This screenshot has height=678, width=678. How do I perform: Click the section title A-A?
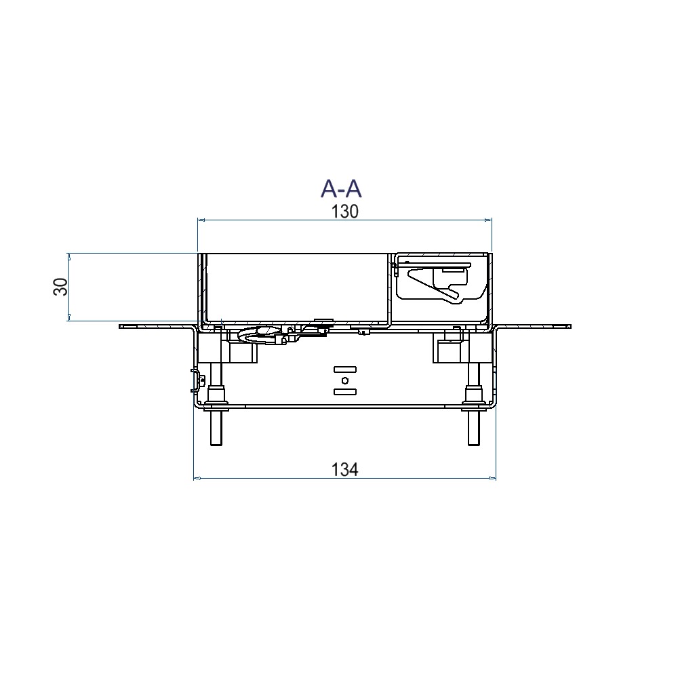pyautogui.click(x=341, y=188)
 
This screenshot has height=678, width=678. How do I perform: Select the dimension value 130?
pyautogui.click(x=344, y=212)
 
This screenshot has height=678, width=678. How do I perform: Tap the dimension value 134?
pyautogui.click(x=344, y=468)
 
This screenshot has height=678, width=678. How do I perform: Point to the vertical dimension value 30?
pyautogui.click(x=61, y=287)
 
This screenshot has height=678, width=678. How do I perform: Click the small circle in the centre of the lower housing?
pyautogui.click(x=344, y=380)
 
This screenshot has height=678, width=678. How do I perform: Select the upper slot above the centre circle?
pyautogui.click(x=344, y=370)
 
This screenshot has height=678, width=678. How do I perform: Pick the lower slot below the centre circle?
pyautogui.click(x=344, y=392)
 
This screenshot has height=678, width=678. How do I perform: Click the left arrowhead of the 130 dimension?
pyautogui.click(x=199, y=220)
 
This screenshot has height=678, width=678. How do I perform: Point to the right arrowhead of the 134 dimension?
pyautogui.click(x=494, y=479)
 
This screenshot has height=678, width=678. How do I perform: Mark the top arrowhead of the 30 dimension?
pyautogui.click(x=68, y=256)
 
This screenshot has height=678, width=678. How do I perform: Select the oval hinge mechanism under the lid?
pyautogui.click(x=258, y=334)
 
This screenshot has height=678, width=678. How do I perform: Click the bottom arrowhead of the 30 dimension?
pyautogui.click(x=68, y=318)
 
